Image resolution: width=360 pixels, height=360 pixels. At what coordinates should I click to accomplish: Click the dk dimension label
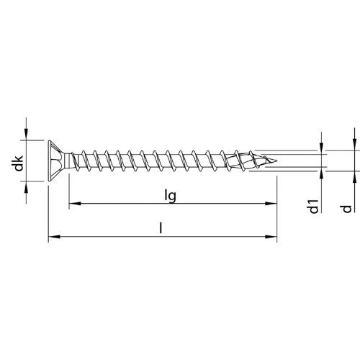(19, 163)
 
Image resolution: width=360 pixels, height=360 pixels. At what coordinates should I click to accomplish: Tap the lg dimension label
(171, 196)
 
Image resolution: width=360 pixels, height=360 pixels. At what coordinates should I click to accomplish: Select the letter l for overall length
(161, 228)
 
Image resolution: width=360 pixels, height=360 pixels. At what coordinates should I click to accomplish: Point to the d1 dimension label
(314, 207)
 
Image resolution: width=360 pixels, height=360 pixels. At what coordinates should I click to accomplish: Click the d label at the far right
(347, 209)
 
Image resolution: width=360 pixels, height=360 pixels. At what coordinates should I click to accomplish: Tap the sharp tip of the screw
(276, 161)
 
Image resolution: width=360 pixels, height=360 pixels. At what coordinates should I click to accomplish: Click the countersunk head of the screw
(56, 161)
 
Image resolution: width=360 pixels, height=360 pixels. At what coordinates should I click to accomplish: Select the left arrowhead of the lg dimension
(75, 204)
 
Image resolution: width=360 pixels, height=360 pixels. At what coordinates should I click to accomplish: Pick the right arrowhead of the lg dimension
(271, 204)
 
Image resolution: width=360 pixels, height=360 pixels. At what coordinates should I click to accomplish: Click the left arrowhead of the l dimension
(54, 237)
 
